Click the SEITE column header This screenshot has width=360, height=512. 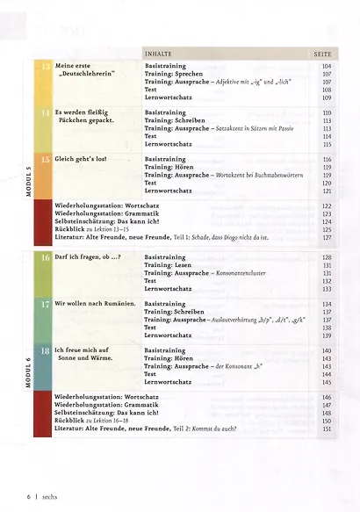322,54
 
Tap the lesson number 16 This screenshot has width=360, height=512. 45,257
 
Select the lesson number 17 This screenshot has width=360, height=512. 45,304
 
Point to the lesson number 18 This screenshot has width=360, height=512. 45,350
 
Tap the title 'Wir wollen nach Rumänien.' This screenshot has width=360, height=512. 94,304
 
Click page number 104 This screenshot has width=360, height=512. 328,67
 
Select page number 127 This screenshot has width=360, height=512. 328,238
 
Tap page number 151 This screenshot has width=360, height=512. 328,429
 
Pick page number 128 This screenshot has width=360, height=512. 328,257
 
